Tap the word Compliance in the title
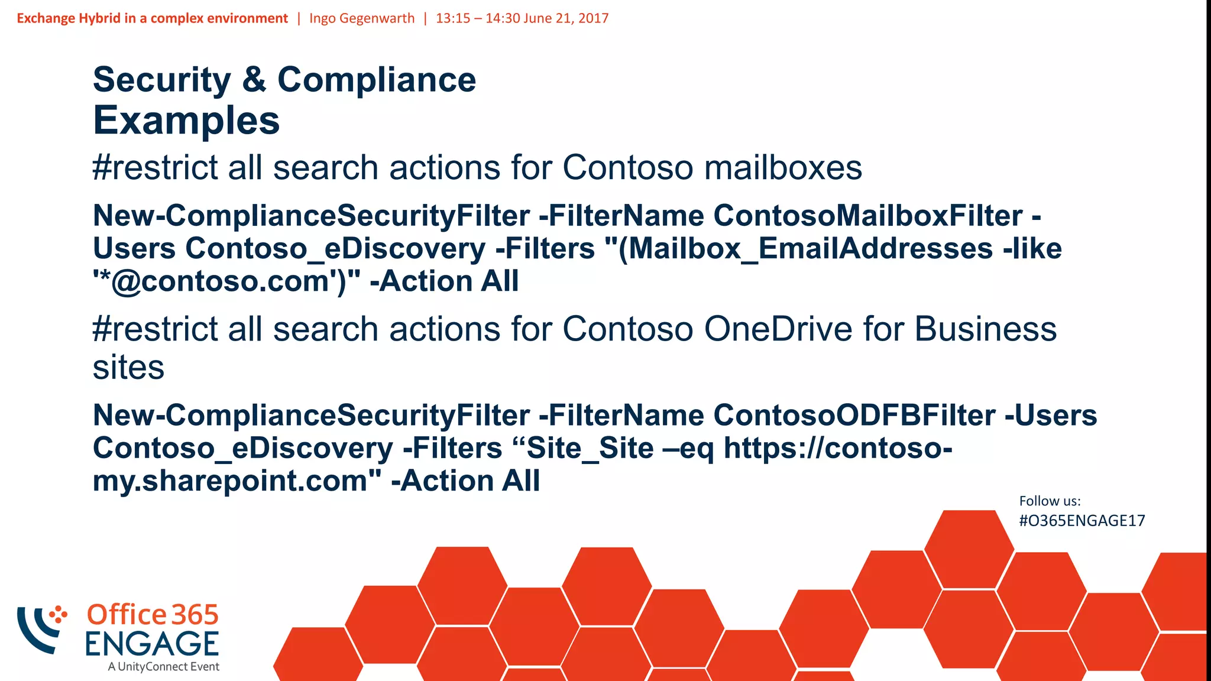click(x=377, y=80)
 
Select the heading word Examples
click(x=186, y=121)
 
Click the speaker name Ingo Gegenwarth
click(x=362, y=18)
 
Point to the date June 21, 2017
click(x=566, y=18)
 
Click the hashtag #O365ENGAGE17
click(x=1082, y=521)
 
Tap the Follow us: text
click(x=1050, y=501)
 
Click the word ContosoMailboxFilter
click(x=868, y=216)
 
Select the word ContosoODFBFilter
click(x=854, y=416)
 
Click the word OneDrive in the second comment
click(x=778, y=329)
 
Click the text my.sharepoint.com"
click(x=237, y=481)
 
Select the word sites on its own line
click(x=128, y=368)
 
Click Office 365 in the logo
click(x=153, y=615)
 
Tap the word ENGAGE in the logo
click(x=152, y=644)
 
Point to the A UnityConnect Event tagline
click(x=163, y=667)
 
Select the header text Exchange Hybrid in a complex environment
click(x=152, y=18)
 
